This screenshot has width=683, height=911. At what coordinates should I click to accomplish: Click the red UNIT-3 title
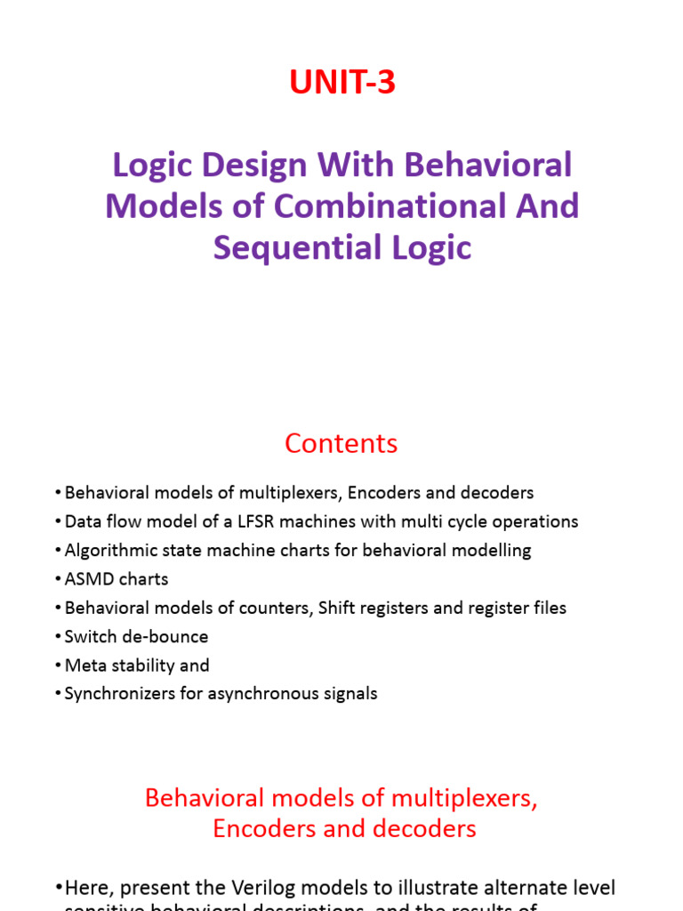[341, 83]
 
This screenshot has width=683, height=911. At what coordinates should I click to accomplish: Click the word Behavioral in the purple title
[487, 165]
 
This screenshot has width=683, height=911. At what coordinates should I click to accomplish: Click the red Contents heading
[341, 443]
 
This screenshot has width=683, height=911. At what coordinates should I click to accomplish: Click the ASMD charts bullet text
[117, 579]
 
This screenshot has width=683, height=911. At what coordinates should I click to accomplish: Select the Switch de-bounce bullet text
[136, 637]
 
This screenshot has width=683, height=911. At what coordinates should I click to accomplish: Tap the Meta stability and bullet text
[137, 665]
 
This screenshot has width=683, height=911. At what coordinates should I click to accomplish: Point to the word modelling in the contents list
[492, 551]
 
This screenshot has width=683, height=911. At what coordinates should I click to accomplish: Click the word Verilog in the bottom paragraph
[283, 888]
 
